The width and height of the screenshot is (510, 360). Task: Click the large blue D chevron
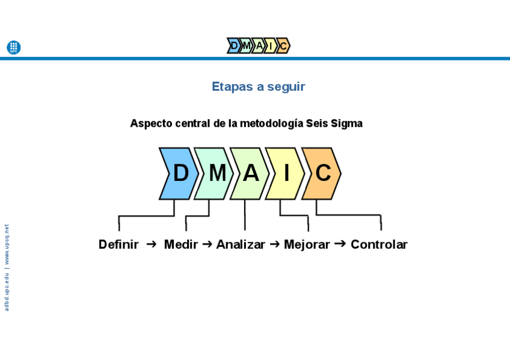(179, 174)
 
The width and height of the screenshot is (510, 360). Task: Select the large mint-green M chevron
(215, 174)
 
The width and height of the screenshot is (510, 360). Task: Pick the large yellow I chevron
(286, 174)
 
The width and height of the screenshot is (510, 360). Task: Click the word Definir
(118, 245)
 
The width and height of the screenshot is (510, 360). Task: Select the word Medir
(180, 245)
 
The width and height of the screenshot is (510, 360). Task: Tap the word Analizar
(241, 245)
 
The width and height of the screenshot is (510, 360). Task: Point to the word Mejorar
(307, 245)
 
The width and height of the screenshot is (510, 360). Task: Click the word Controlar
(379, 245)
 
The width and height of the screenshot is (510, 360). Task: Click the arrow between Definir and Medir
(152, 244)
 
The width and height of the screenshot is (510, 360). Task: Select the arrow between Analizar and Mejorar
(275, 244)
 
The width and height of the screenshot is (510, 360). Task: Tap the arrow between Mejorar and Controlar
(340, 243)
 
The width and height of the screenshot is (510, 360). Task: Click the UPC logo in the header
(13, 47)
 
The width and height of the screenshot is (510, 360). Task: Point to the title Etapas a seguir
(258, 87)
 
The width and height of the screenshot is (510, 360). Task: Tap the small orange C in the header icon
(283, 46)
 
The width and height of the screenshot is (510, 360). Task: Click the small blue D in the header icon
(234, 46)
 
